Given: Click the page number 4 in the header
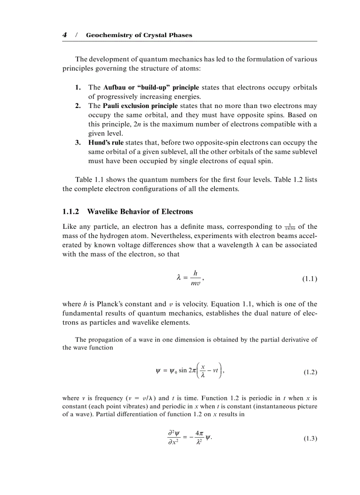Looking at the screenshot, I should tap(64, 35).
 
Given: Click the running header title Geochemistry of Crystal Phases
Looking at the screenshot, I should tap(139, 35).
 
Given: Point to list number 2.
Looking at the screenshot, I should tap(78, 106).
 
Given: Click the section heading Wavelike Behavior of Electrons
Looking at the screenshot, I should tap(140, 212).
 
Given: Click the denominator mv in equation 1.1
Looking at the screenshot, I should tap(195, 284).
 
